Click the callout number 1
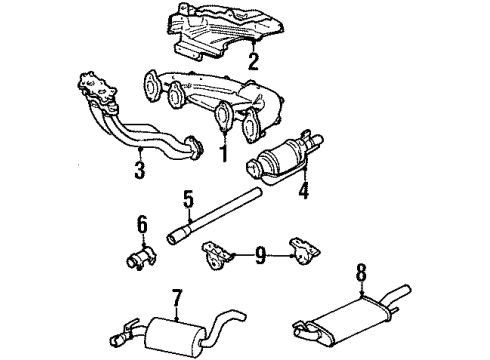224,153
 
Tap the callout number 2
253,62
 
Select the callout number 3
140,169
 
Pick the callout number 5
188,199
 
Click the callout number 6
142,224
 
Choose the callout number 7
177,298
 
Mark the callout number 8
362,272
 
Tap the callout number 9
260,255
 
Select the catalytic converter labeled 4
283,158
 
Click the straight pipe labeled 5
213,215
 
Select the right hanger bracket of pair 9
304,251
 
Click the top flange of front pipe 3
98,89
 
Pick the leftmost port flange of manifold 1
152,85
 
